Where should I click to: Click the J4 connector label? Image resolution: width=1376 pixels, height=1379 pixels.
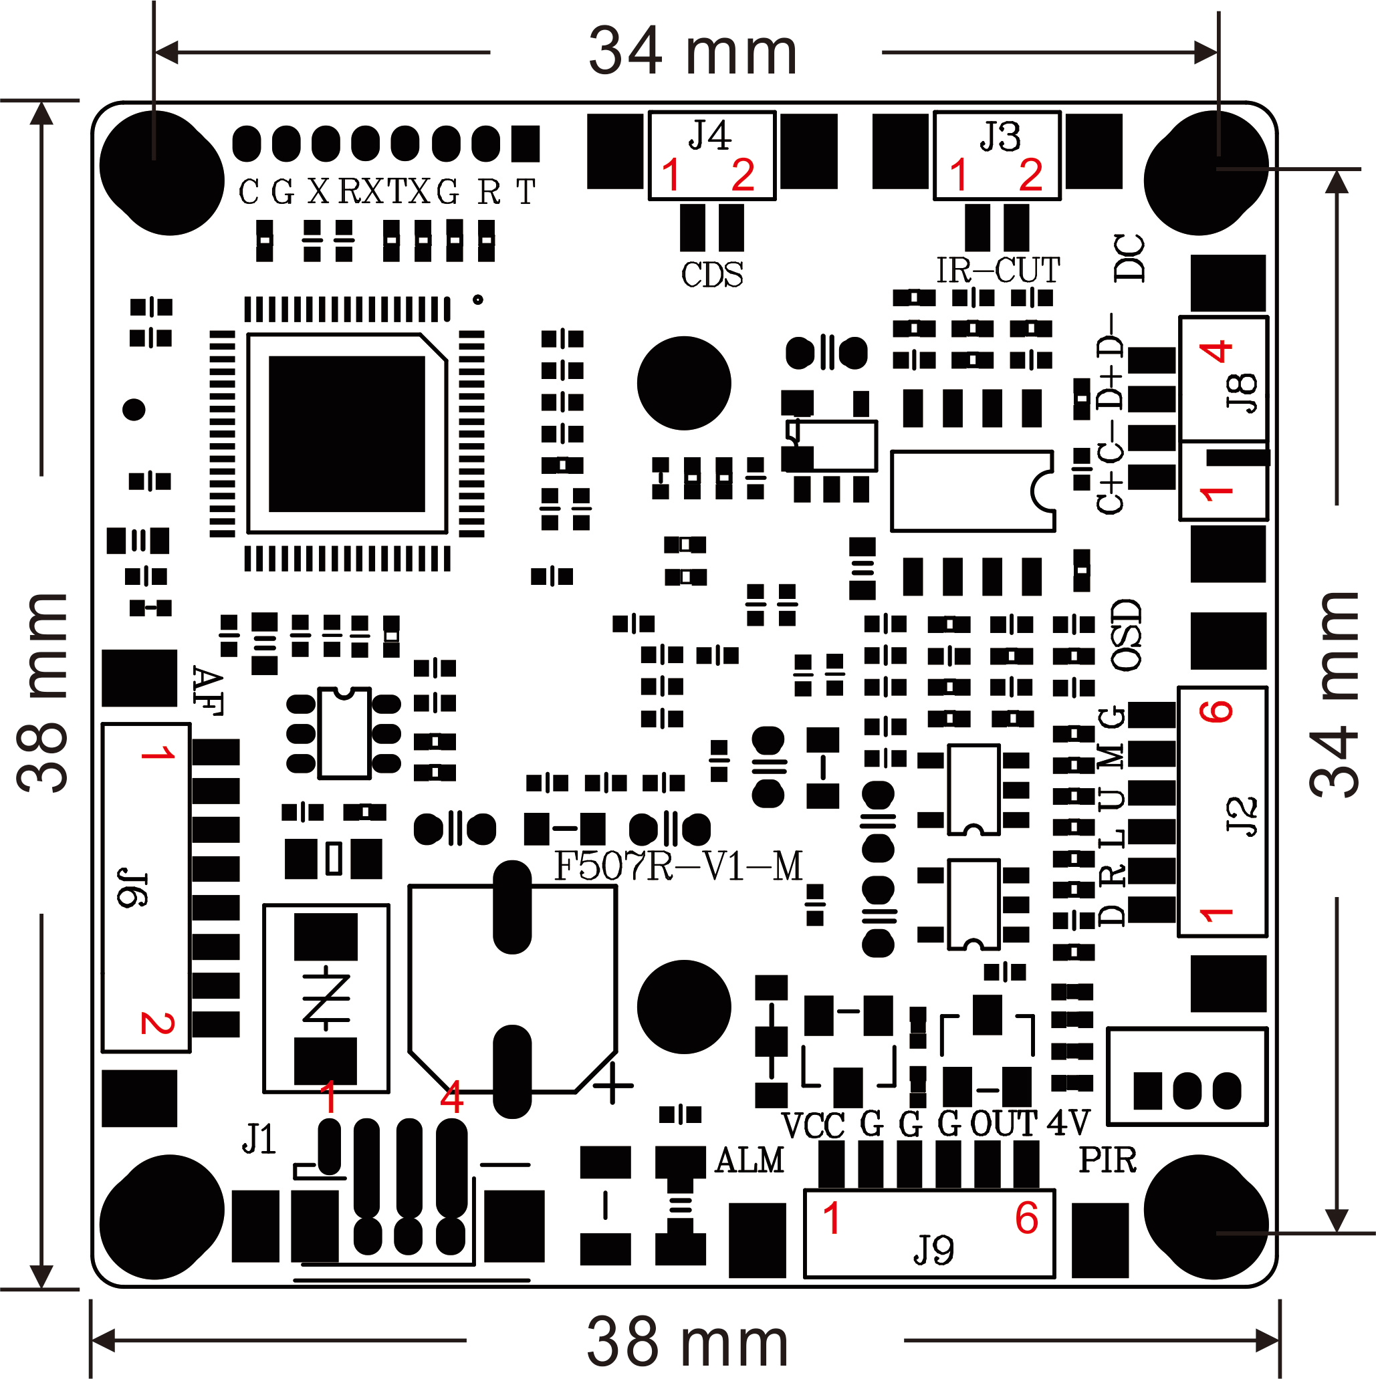click(x=710, y=136)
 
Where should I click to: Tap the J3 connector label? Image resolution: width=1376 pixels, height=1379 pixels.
click(x=999, y=136)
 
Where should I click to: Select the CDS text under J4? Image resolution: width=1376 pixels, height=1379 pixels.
click(x=712, y=275)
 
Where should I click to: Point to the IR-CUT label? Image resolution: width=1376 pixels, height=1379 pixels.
click(x=998, y=271)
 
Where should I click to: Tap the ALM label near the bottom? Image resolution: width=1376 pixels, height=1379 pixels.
click(x=749, y=1160)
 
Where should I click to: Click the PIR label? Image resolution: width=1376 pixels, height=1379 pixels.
click(x=1107, y=1160)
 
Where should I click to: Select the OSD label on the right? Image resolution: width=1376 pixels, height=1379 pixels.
click(x=1127, y=634)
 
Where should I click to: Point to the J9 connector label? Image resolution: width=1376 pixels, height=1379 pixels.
click(x=933, y=1250)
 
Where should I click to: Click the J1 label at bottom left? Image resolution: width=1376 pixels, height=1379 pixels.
click(x=259, y=1138)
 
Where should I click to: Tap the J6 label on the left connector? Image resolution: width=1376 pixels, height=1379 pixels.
click(x=133, y=888)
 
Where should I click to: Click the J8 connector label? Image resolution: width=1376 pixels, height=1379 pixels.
click(x=1242, y=392)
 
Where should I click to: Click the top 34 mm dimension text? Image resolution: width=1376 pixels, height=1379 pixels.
click(x=692, y=51)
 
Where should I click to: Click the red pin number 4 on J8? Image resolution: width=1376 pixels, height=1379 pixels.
click(x=1216, y=351)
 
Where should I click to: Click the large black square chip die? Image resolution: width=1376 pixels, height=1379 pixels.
click(x=347, y=434)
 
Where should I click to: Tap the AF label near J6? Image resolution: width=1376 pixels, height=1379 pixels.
click(x=208, y=691)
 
